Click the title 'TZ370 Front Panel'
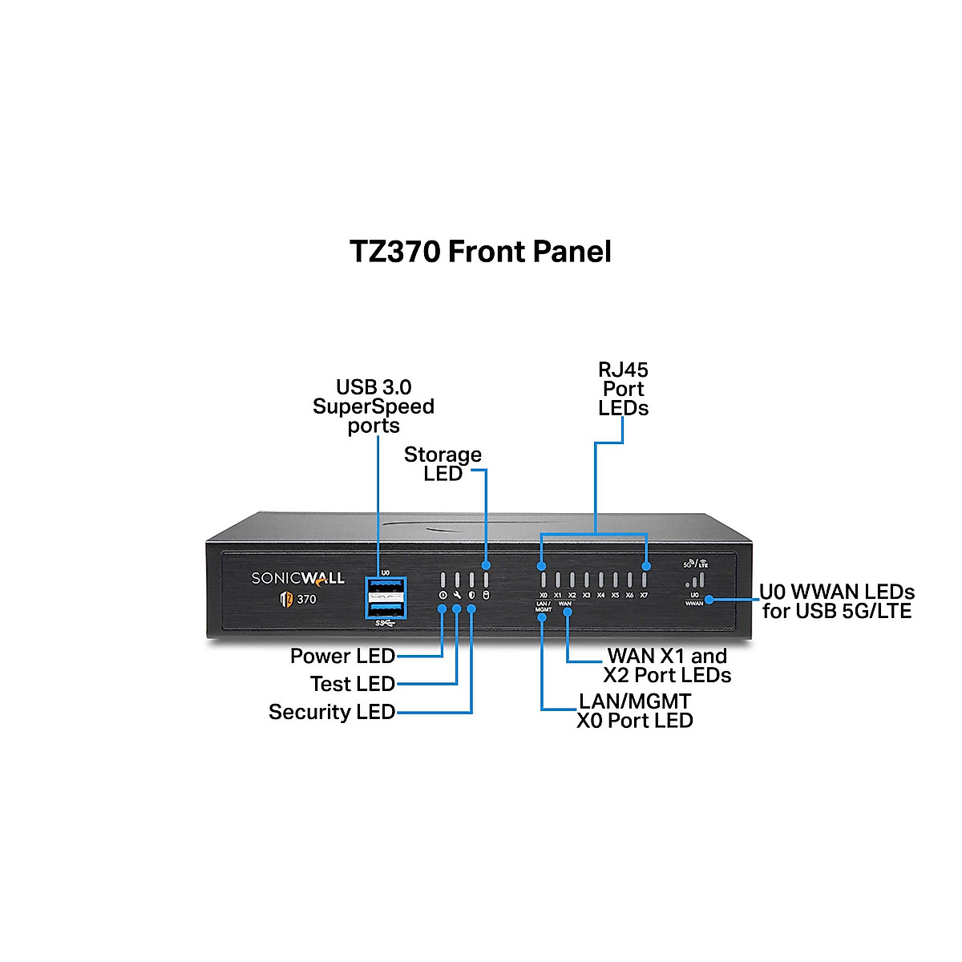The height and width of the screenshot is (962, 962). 480,252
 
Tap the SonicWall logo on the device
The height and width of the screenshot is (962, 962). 297,578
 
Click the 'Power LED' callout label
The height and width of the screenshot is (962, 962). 342,656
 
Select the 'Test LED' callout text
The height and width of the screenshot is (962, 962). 352,684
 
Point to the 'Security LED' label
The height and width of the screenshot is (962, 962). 331,712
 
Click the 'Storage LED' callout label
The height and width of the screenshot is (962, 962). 443,464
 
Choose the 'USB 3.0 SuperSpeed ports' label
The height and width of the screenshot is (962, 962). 374,406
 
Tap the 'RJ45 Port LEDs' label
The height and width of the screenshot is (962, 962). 623,389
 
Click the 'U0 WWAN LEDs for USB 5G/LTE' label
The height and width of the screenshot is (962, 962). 837,601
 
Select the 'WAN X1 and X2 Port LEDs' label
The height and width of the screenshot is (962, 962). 667,665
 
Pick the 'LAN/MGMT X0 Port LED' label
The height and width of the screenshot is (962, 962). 634,711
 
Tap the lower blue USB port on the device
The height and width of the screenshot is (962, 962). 386,608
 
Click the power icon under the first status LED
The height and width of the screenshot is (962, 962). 443,596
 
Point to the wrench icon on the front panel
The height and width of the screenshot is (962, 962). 457,596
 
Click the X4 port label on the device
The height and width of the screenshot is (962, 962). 600,596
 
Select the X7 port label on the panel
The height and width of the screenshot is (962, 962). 644,596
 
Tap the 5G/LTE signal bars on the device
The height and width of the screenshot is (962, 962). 696,579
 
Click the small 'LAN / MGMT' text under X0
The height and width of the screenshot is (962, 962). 543,607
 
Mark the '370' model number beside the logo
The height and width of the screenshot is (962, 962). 306,599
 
